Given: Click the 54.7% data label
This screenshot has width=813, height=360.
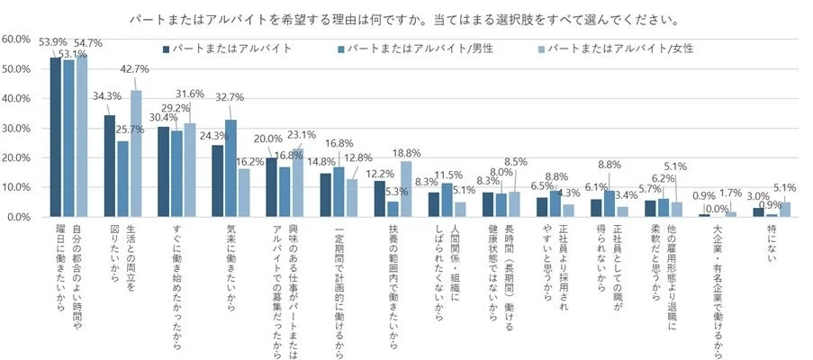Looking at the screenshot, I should [88, 42].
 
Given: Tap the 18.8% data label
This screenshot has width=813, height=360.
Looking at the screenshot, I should [404, 154].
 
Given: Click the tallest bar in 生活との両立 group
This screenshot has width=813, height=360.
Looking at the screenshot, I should [136, 153].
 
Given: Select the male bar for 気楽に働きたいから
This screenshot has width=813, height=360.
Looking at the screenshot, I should [230, 168].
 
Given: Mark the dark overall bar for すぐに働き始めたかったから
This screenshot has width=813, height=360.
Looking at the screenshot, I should [163, 172].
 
